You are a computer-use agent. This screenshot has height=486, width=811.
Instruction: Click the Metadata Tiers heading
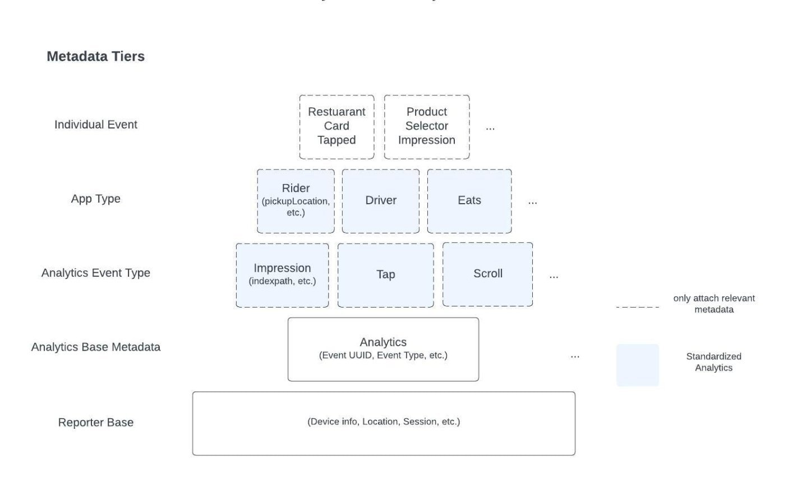(x=95, y=56)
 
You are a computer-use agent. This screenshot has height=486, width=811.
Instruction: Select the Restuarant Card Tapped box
(x=337, y=126)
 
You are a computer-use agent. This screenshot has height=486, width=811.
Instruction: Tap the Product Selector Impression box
(x=426, y=126)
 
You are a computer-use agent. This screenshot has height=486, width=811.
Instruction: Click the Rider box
(x=296, y=200)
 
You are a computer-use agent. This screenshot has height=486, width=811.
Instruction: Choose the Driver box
(x=381, y=200)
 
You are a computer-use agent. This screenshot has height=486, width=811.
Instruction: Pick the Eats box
(x=469, y=200)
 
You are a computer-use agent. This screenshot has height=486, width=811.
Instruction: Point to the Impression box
(x=282, y=274)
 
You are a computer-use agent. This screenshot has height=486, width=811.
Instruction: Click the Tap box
(x=385, y=274)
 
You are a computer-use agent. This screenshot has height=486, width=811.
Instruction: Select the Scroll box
(x=487, y=274)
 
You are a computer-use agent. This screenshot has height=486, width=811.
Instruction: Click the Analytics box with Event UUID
(x=383, y=349)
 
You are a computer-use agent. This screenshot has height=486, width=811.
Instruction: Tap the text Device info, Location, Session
(x=384, y=421)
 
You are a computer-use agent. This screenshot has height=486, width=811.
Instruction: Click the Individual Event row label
(x=95, y=125)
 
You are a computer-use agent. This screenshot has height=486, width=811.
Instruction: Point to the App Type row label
(x=95, y=199)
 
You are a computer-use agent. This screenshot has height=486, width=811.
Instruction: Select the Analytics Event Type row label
(x=95, y=273)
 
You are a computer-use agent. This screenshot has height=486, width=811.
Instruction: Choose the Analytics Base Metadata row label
(x=95, y=347)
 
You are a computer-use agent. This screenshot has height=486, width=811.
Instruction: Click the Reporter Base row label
(x=95, y=423)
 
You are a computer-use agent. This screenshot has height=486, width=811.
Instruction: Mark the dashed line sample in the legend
(x=637, y=307)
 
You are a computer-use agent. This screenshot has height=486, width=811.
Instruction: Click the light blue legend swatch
(x=637, y=365)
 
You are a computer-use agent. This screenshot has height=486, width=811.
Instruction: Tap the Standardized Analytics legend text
(x=713, y=362)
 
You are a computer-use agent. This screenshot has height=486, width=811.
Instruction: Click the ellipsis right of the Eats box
(x=532, y=202)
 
